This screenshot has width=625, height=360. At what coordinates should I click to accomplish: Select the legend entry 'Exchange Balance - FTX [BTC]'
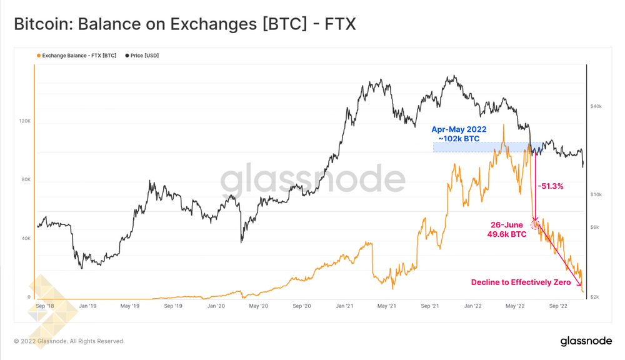(x=79, y=56)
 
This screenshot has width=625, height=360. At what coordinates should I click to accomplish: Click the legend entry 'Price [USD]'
(x=144, y=56)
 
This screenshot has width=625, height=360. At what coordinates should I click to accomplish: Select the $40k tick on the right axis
(x=596, y=107)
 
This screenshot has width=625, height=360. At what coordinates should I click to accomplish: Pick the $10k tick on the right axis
(x=596, y=194)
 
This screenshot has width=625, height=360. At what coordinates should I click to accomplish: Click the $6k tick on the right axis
(x=595, y=227)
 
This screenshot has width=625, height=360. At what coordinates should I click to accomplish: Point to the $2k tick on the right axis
(x=595, y=297)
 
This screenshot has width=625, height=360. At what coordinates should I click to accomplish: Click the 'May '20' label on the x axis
(x=258, y=307)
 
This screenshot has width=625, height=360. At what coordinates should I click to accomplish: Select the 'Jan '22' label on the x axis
(x=472, y=307)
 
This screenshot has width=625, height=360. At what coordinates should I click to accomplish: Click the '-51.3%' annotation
(x=552, y=186)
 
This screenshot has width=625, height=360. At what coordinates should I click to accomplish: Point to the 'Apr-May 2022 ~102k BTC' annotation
(x=459, y=134)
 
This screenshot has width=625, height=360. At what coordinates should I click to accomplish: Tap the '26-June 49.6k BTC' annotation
(x=506, y=229)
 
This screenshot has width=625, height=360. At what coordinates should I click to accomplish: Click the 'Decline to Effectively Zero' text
(x=521, y=282)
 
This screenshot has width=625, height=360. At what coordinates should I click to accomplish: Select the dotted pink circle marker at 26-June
(x=535, y=224)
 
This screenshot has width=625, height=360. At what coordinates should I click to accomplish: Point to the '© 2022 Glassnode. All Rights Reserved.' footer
(x=69, y=341)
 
